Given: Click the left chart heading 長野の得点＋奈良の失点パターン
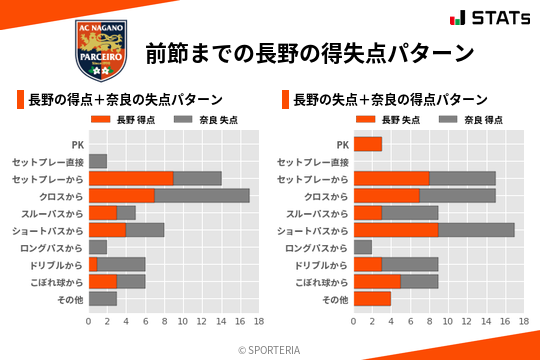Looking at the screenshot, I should click(125, 100).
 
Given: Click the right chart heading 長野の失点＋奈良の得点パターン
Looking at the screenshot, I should click(390, 100).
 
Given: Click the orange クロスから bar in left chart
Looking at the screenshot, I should click(121, 195).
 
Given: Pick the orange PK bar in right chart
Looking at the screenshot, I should click(367, 144).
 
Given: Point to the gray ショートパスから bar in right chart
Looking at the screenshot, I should click(476, 230).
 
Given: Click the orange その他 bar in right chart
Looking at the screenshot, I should click(372, 299).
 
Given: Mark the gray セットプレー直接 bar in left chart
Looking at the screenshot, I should click(98, 161).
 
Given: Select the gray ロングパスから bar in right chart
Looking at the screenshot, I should click(362, 247).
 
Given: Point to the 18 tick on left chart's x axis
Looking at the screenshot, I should click(258, 322).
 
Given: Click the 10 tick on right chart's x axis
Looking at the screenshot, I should click(447, 322).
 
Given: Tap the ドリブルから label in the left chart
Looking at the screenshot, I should click(59, 265).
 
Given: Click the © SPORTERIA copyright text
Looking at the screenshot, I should click(270, 349).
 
